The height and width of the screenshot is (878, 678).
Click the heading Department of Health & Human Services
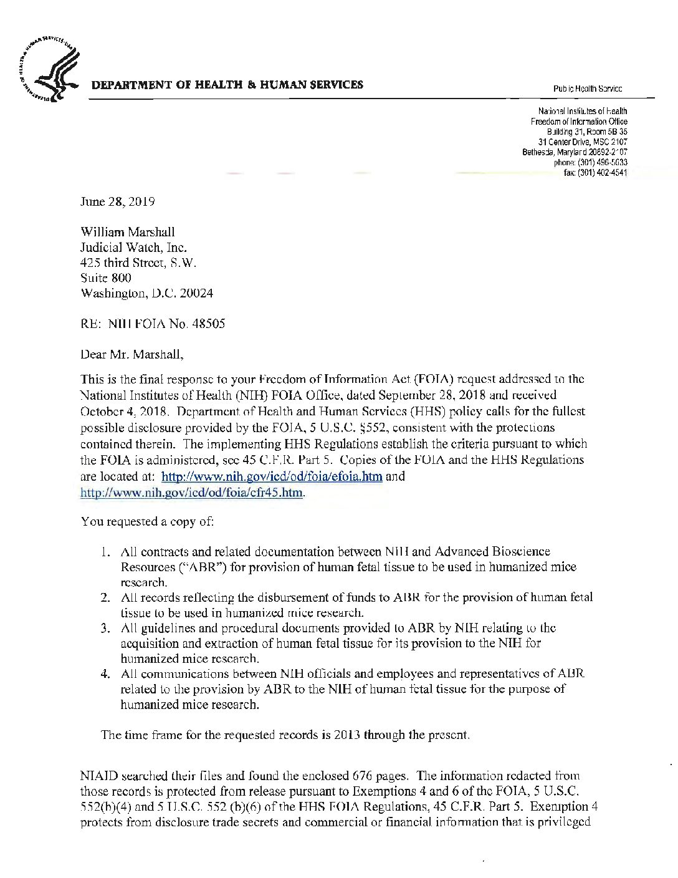[x=228, y=85]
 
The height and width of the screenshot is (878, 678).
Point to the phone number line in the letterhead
[x=590, y=162]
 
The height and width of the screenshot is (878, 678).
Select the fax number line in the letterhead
[x=595, y=171]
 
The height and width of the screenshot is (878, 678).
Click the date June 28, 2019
[x=118, y=202]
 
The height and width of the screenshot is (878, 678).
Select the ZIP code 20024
[x=196, y=292]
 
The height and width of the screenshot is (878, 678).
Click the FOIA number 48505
[x=209, y=324]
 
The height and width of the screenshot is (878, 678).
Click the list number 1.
[x=106, y=552]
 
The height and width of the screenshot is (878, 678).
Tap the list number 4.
[x=106, y=674]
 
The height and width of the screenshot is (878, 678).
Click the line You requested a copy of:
[x=148, y=521]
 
